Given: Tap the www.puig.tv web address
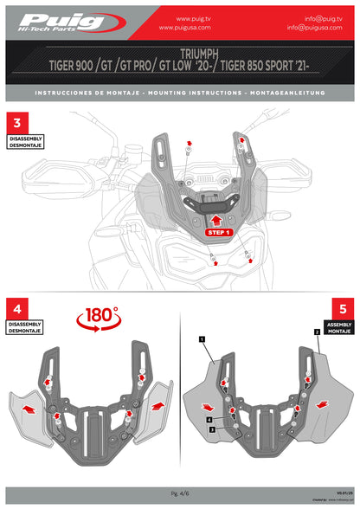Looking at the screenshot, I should (196, 17).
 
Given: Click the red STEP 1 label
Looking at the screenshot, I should (218, 233).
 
